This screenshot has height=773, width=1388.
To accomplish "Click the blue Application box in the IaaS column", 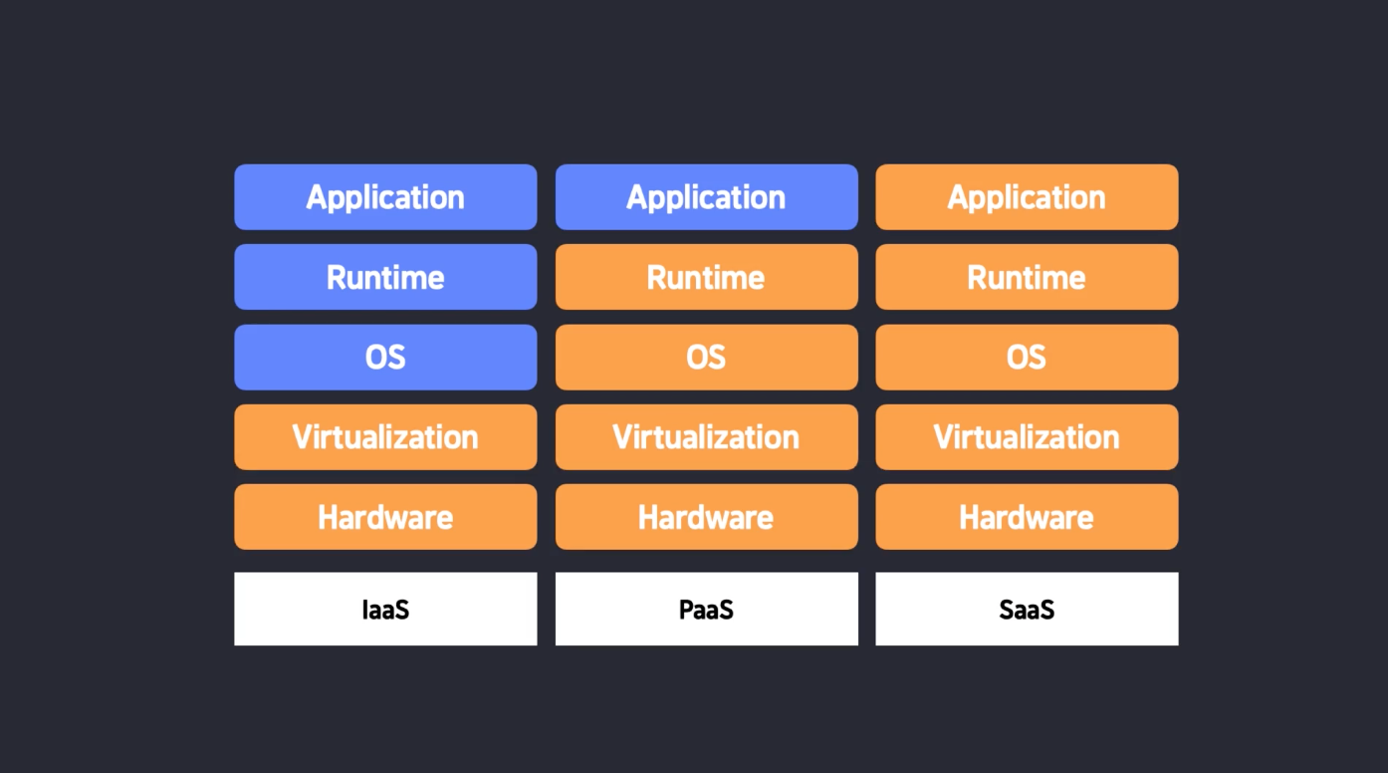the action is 385,197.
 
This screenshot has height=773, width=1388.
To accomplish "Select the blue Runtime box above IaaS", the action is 385,277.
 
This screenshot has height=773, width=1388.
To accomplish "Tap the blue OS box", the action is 385,357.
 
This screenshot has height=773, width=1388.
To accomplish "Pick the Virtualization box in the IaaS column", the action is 385,437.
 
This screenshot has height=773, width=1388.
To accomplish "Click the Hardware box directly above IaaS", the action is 385,517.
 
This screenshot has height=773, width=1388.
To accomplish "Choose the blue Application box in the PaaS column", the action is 706,197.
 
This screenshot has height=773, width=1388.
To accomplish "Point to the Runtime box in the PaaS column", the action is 706,277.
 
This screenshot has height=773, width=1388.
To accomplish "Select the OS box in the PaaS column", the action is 706,357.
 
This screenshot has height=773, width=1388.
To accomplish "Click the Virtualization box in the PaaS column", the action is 706,437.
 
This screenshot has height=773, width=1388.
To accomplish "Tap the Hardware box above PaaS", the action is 706,517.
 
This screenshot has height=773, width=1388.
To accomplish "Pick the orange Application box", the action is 1027,197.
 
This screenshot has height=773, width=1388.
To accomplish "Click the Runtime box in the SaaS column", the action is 1027,277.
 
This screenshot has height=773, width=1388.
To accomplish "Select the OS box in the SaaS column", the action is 1027,357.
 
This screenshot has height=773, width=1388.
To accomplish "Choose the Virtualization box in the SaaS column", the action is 1027,437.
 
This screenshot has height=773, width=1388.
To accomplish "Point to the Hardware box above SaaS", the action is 1027,517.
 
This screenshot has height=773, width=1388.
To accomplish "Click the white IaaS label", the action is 385,609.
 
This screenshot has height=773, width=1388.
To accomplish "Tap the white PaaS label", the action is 706,609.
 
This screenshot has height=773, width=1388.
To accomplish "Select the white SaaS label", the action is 1027,609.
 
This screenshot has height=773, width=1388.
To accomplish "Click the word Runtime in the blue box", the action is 385,277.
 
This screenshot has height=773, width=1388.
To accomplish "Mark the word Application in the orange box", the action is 1027,198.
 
